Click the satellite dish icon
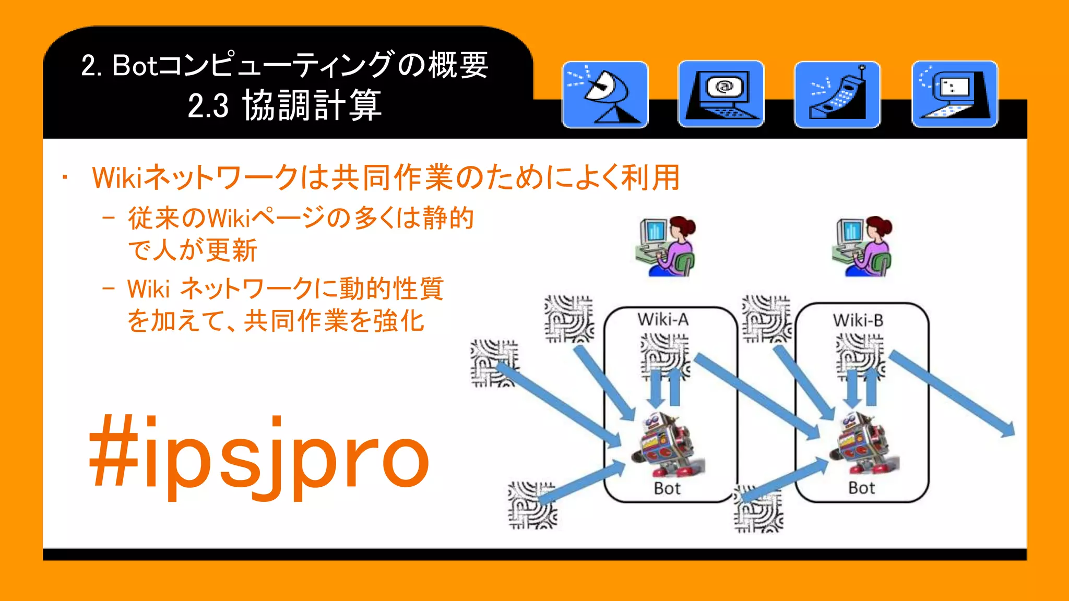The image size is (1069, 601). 605,94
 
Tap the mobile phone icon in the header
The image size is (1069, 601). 837,94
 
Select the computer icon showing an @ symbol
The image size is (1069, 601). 721,94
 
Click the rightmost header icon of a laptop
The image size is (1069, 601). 955,94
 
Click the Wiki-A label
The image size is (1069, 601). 663,319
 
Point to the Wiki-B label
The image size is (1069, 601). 858,320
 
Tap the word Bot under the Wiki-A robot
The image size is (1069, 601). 667,488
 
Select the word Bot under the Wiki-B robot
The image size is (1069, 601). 861,488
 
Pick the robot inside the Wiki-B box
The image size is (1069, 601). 864,443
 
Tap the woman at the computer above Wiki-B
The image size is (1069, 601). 862,246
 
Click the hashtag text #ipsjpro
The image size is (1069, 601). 259,455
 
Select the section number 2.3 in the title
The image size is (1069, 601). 208,105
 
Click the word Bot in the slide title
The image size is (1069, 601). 134,66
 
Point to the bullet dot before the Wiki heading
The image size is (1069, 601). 65,178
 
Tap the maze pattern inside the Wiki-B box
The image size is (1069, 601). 860,355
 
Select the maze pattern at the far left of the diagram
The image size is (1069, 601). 494,363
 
